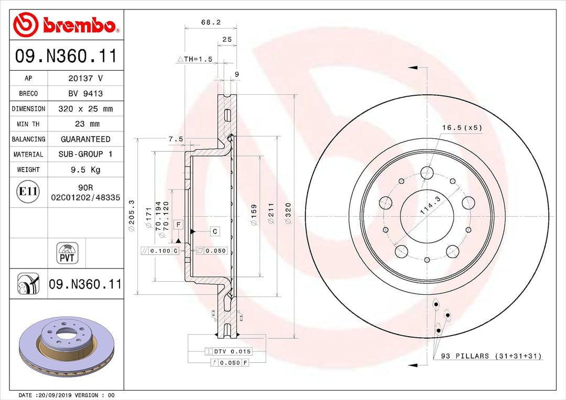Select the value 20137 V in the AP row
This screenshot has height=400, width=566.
pyautogui.click(x=85, y=78)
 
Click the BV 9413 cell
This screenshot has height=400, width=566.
pyautogui.click(x=85, y=94)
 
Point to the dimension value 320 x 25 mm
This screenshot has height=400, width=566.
pyautogui.click(x=85, y=109)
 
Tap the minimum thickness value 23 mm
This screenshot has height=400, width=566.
pyautogui.click(x=85, y=124)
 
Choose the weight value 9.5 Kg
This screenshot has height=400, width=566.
pyautogui.click(x=85, y=170)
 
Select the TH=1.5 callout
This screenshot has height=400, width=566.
pyautogui.click(x=195, y=59)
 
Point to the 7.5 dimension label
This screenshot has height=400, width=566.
pyautogui.click(x=176, y=139)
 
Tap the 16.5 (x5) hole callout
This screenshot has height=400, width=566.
pyautogui.click(x=461, y=127)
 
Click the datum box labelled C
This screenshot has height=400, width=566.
pyautogui.click(x=215, y=231)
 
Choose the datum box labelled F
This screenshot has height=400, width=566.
pyautogui.click(x=178, y=225)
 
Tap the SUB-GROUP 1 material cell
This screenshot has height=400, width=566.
pyautogui.click(x=85, y=154)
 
